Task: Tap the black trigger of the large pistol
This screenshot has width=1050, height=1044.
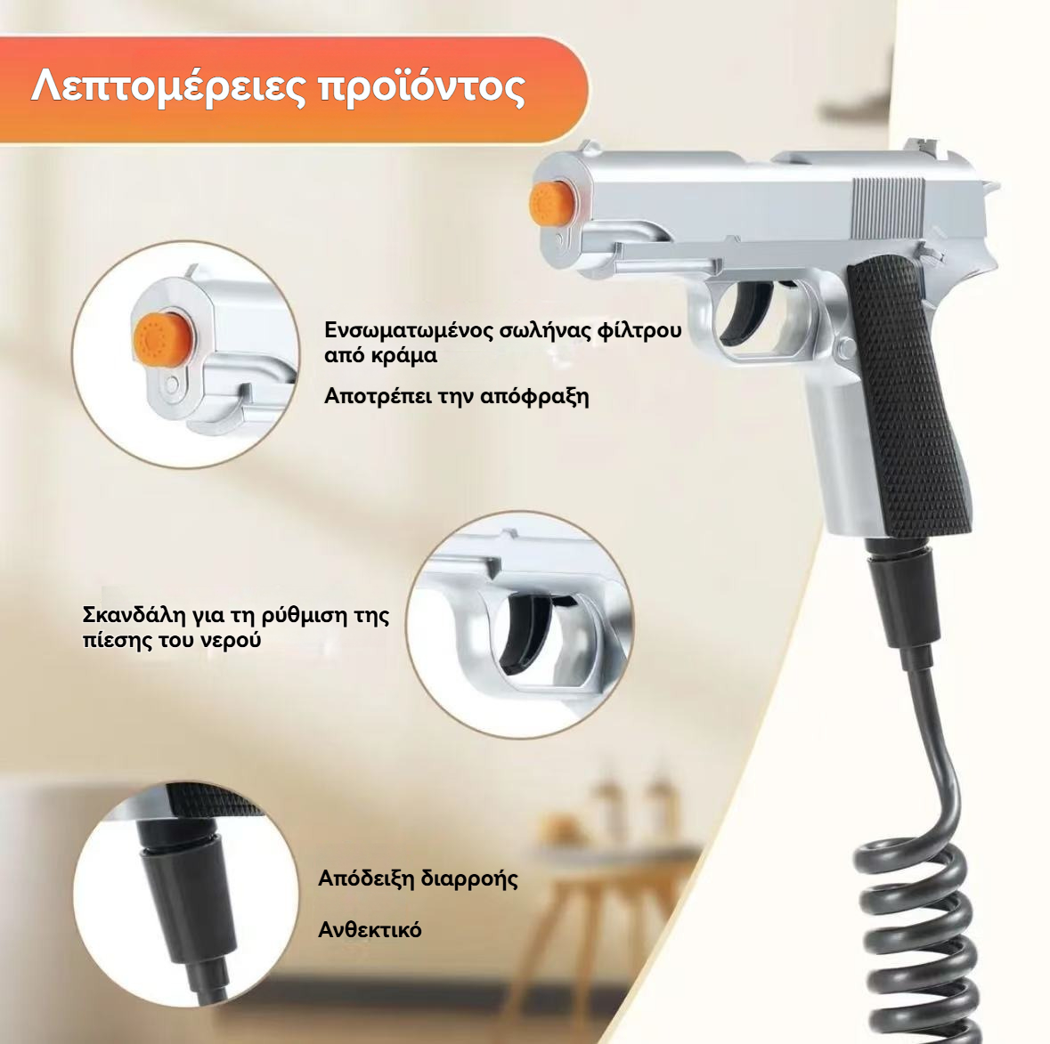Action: tap(749, 313)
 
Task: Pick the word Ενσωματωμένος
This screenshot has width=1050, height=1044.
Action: tap(409, 330)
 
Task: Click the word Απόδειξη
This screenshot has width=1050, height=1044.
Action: tap(367, 878)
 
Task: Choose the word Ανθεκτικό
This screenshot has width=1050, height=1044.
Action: tap(370, 930)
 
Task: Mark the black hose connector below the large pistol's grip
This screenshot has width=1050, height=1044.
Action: tap(899, 603)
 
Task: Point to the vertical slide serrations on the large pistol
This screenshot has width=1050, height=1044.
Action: tap(888, 207)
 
